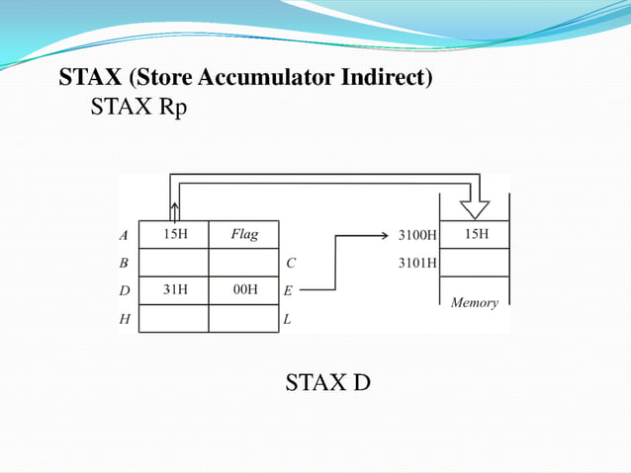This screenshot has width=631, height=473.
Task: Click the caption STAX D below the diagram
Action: pos(327,381)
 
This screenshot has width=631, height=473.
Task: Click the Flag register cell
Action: pos(243,235)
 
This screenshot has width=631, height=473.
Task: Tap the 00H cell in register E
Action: pos(243,290)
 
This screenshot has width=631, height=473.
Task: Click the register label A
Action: pos(124,236)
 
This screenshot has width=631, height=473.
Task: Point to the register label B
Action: pos(124,264)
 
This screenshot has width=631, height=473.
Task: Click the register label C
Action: pos(291,264)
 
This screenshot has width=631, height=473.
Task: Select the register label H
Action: pos(124,319)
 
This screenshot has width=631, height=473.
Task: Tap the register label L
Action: pos(288,319)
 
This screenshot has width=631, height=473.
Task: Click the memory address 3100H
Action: pos(416,236)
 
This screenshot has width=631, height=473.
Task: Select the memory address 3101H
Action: pos(416,264)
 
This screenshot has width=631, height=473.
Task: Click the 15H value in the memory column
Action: pos(476,235)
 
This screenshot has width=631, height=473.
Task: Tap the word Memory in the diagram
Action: pos(475,302)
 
